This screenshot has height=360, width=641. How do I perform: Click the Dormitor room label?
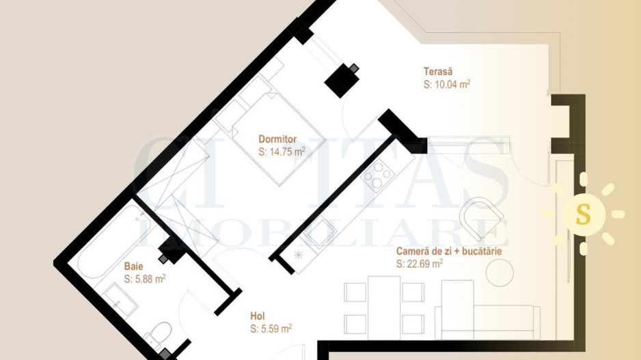click(277, 139)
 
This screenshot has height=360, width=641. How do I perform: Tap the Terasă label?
click(438, 71)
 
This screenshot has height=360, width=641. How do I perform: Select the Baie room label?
click(133, 266)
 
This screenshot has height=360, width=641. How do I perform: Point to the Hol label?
click(258, 316)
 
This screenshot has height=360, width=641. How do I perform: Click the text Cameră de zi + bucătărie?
click(449, 251)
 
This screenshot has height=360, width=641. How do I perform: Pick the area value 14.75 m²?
click(282, 152)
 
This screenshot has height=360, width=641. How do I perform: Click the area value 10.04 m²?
click(447, 85)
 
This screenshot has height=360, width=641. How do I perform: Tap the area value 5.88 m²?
click(145, 279)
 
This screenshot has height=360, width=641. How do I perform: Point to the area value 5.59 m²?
click(271, 329)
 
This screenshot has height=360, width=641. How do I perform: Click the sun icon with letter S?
click(583, 214)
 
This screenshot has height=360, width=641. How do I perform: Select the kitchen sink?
click(316, 236)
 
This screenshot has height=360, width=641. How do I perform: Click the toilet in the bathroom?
click(160, 335)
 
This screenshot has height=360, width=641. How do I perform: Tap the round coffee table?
click(500, 273)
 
